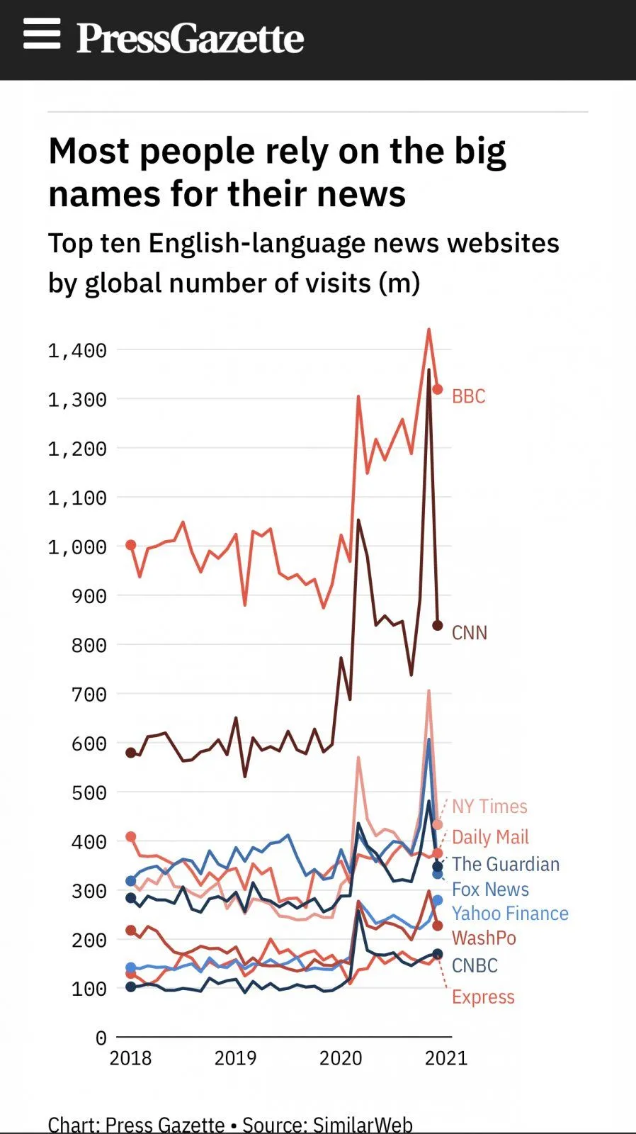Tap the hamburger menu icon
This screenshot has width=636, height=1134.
coord(42,33)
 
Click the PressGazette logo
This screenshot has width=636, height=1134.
coord(191,38)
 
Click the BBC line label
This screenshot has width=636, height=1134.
coord(469,396)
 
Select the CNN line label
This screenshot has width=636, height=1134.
coord(470,633)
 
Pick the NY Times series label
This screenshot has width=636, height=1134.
coord(489,807)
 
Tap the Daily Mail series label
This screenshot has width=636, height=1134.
coord(490,837)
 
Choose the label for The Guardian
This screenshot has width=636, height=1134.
coord(506,865)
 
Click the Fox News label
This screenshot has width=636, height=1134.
coord(490,889)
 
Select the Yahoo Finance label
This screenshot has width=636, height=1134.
coord(510,914)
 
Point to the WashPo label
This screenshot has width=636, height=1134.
coord(484,938)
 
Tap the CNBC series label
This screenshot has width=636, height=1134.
coord(475,966)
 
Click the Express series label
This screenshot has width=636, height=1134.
coord(483,997)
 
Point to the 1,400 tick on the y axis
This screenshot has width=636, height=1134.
coord(77,351)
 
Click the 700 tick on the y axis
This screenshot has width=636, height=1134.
coord(89,695)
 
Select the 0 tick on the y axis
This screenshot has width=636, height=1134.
coord(101,1038)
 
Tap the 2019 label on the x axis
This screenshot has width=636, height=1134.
coord(235,1058)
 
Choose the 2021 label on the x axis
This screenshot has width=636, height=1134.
coord(445,1058)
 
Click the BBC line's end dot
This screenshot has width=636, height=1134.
coord(438,389)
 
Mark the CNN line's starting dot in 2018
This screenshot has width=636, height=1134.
coord(130,752)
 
